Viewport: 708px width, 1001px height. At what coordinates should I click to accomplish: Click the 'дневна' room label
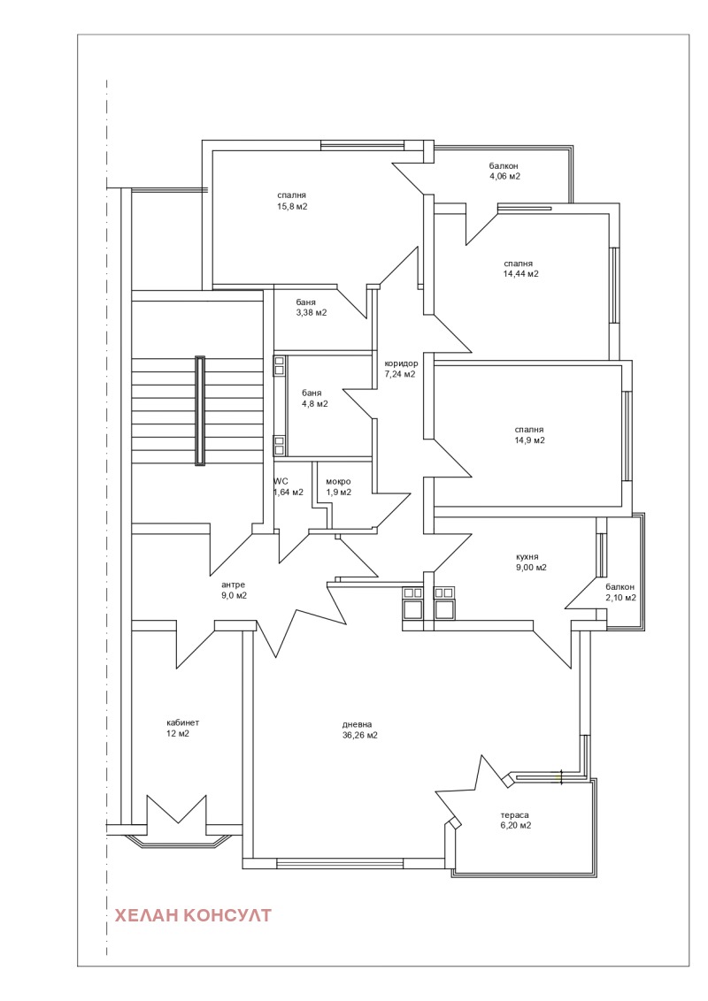tap(358, 724)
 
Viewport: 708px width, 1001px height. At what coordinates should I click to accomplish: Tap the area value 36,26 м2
tap(359, 736)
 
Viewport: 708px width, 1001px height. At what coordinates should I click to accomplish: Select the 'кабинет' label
tap(182, 722)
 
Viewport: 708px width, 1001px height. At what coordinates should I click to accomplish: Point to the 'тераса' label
tap(514, 815)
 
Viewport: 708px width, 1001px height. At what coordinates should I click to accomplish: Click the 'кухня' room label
tap(527, 557)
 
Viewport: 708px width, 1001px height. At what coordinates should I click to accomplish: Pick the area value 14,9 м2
tap(529, 440)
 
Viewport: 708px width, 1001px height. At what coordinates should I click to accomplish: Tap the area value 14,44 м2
tap(520, 274)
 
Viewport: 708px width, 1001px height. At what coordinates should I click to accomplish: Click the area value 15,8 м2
tap(292, 206)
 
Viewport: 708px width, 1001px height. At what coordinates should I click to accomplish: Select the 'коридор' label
tap(401, 363)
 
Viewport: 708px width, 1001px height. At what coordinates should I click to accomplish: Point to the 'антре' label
tap(234, 585)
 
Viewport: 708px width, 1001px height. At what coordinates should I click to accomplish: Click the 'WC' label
tap(281, 481)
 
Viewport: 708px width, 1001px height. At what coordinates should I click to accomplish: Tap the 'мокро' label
tap(338, 481)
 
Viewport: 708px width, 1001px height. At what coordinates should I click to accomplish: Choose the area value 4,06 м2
tap(504, 176)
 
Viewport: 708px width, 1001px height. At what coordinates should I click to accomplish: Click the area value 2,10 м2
tap(620, 598)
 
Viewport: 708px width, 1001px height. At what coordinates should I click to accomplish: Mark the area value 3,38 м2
tap(312, 313)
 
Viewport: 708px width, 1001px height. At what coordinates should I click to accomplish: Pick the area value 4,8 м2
tap(315, 403)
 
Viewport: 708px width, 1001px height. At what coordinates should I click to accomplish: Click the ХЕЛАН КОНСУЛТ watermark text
tap(192, 915)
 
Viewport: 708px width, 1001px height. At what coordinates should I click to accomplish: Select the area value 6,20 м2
tap(516, 825)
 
